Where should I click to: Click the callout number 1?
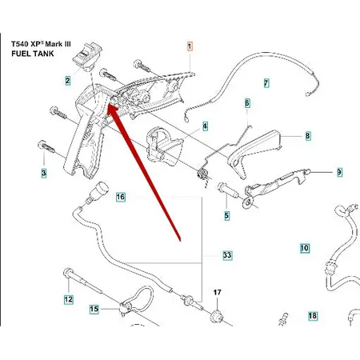190,46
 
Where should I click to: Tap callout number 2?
68,80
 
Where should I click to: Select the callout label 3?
44,173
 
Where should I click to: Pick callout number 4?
205,126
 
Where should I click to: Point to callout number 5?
226,215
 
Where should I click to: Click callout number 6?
247,103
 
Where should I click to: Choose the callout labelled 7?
266,83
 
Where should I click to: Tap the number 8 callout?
308,136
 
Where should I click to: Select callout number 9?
339,172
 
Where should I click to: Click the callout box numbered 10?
305,248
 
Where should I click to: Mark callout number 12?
69,299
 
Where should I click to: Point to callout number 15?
94,309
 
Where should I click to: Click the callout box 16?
121,197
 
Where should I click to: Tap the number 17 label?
218,293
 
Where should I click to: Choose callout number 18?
313,316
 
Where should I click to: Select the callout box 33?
227,255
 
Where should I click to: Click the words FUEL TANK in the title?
33,54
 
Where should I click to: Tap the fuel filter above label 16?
98,191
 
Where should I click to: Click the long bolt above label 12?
82,281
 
